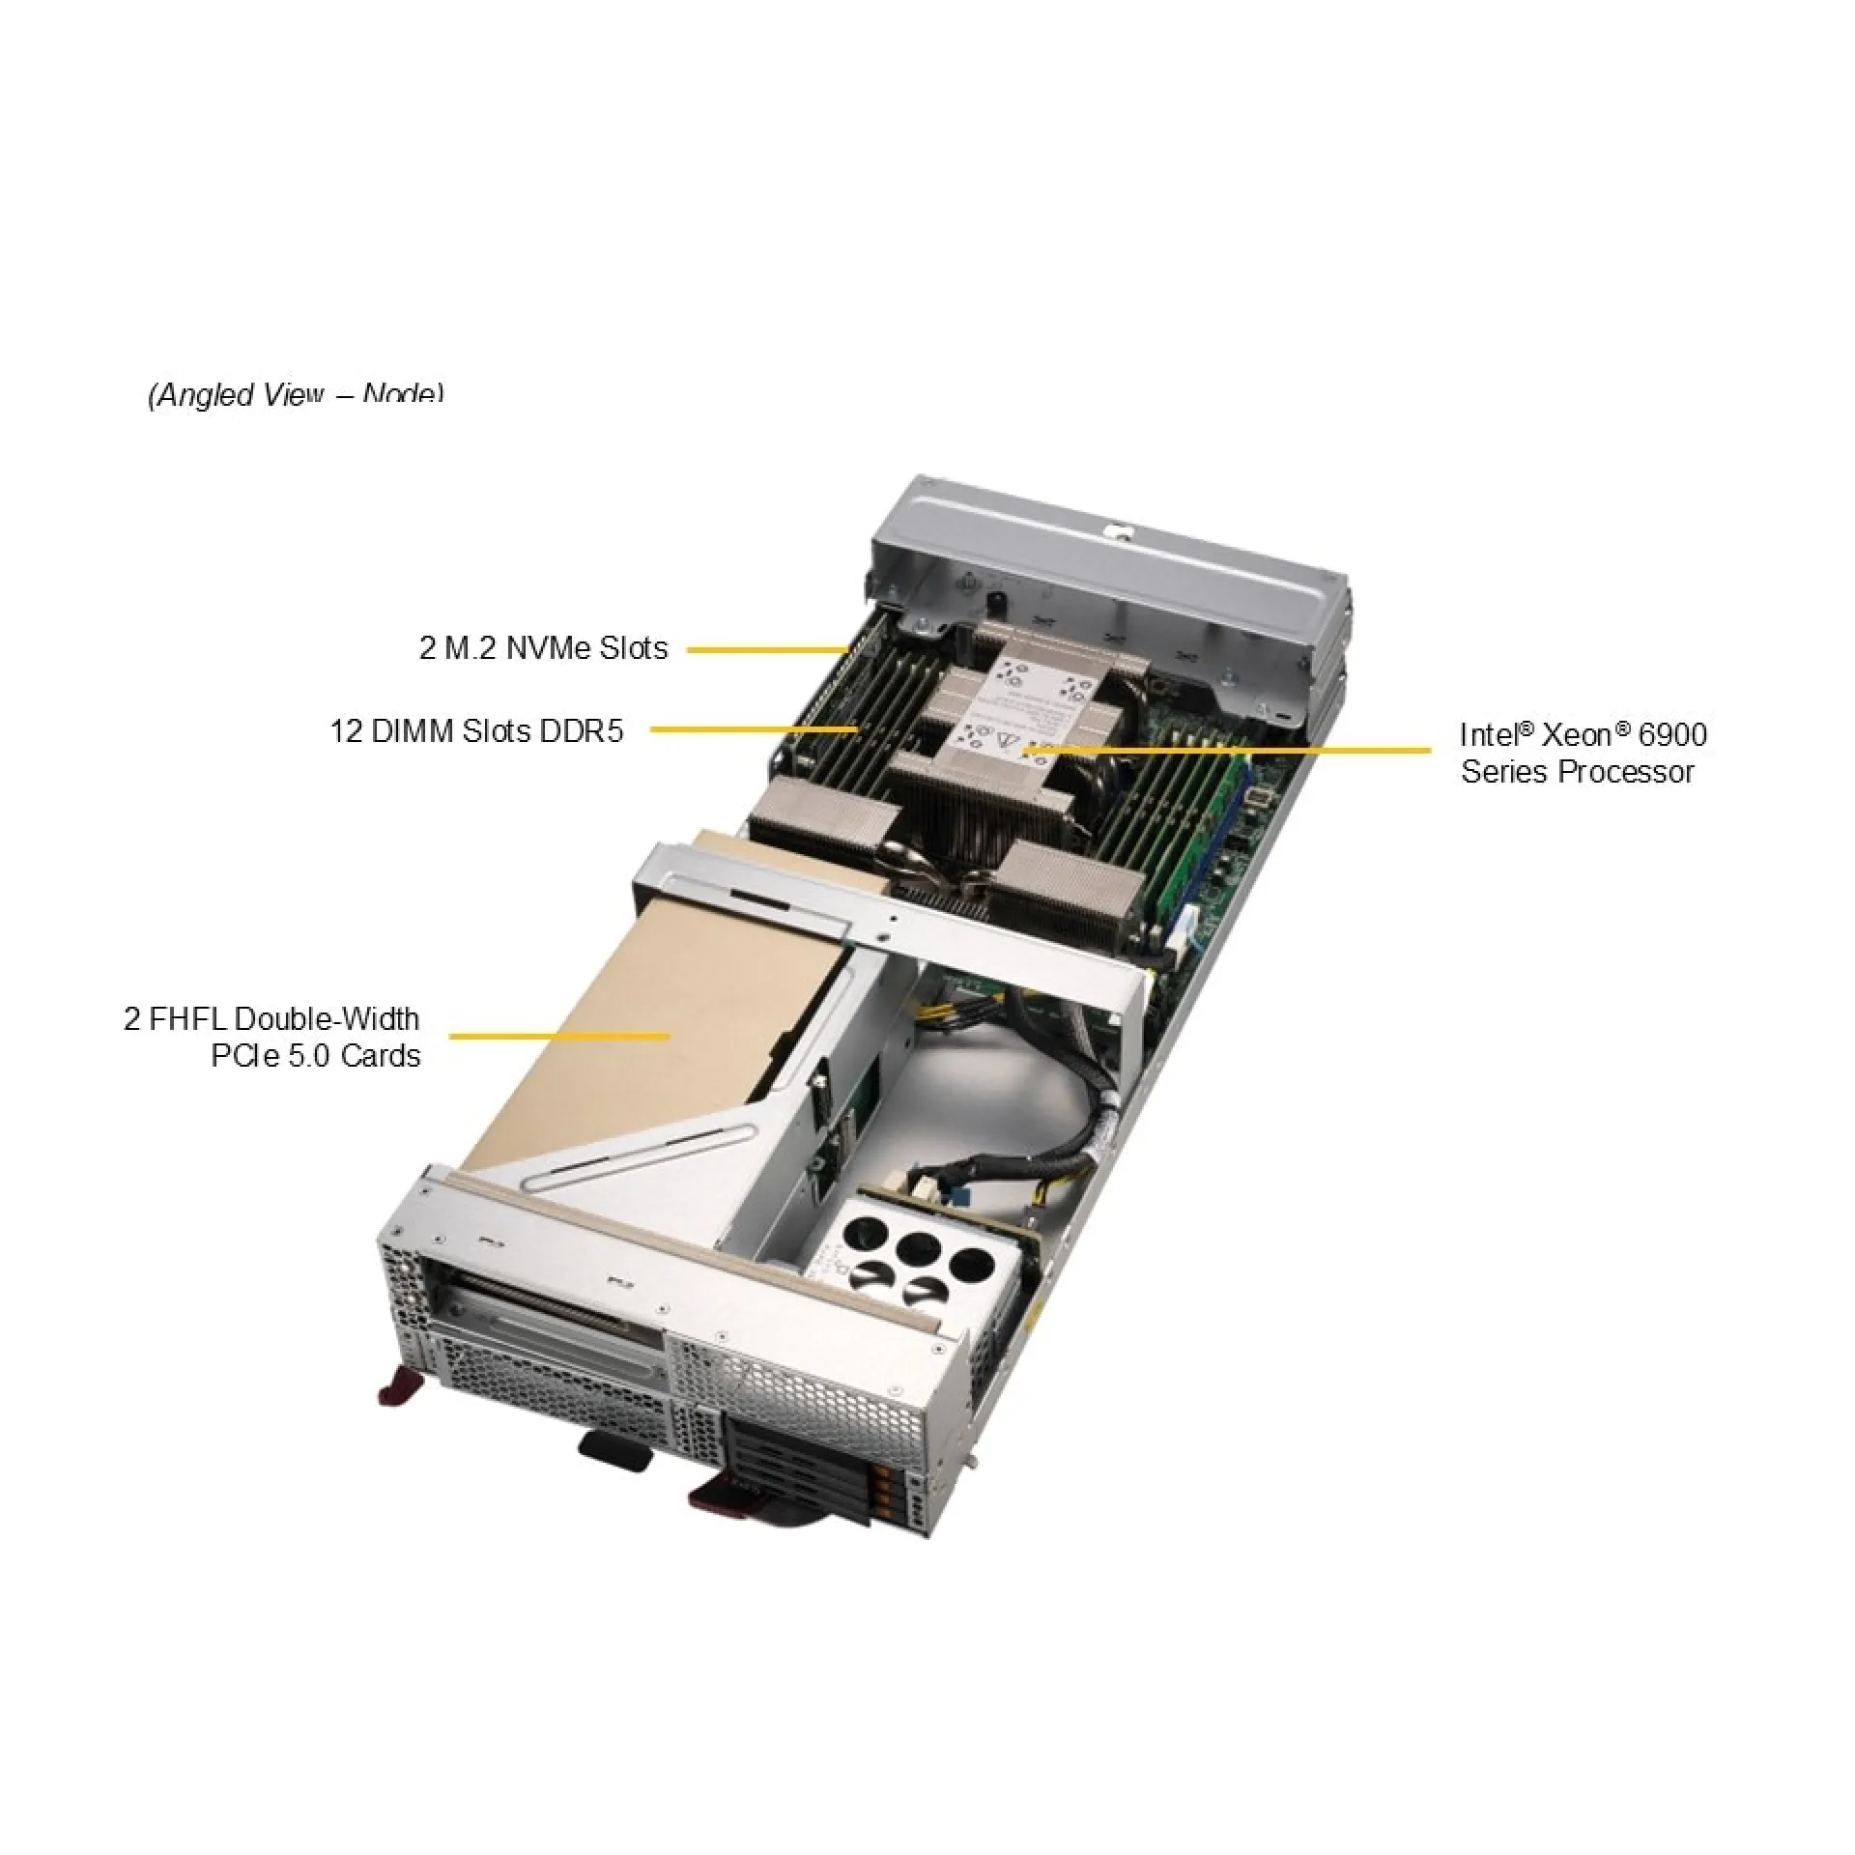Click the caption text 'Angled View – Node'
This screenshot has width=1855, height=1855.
(296, 394)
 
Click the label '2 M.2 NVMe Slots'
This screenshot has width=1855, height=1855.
(543, 647)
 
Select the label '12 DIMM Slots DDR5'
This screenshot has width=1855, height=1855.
(476, 730)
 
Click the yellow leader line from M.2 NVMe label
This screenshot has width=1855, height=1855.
(768, 650)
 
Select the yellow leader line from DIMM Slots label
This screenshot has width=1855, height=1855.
(754, 729)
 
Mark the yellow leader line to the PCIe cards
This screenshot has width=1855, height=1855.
(560, 1036)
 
